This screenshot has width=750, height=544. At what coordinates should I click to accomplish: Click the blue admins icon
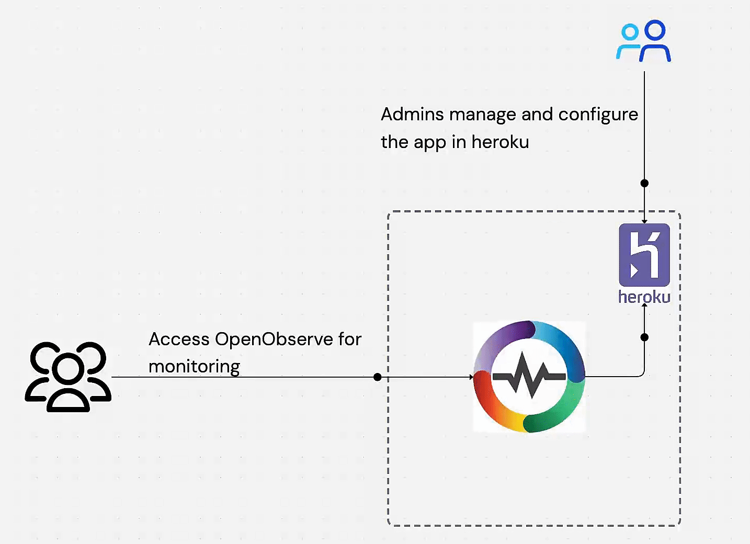pyautogui.click(x=644, y=41)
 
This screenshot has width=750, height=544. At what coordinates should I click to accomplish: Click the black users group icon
pyautogui.click(x=68, y=377)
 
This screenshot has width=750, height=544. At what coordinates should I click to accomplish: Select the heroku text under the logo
pyautogui.click(x=644, y=297)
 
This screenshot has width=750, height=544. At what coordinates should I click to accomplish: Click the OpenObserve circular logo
pyautogui.click(x=529, y=377)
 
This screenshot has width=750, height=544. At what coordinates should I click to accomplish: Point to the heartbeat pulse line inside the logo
pyautogui.click(x=529, y=376)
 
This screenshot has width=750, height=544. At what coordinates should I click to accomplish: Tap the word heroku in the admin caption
pyautogui.click(x=500, y=142)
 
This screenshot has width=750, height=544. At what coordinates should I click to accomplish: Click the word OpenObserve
pyautogui.click(x=274, y=339)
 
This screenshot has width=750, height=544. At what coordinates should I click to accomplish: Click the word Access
pyautogui.click(x=179, y=339)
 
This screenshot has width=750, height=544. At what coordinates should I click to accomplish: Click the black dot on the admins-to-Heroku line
pyautogui.click(x=644, y=183)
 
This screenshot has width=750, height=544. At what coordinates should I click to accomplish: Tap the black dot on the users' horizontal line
pyautogui.click(x=378, y=377)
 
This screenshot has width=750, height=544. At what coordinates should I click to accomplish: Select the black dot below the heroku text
pyautogui.click(x=644, y=337)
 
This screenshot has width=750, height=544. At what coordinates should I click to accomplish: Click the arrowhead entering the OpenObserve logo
pyautogui.click(x=471, y=377)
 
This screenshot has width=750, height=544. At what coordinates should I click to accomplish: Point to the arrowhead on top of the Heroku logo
pyautogui.click(x=644, y=221)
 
